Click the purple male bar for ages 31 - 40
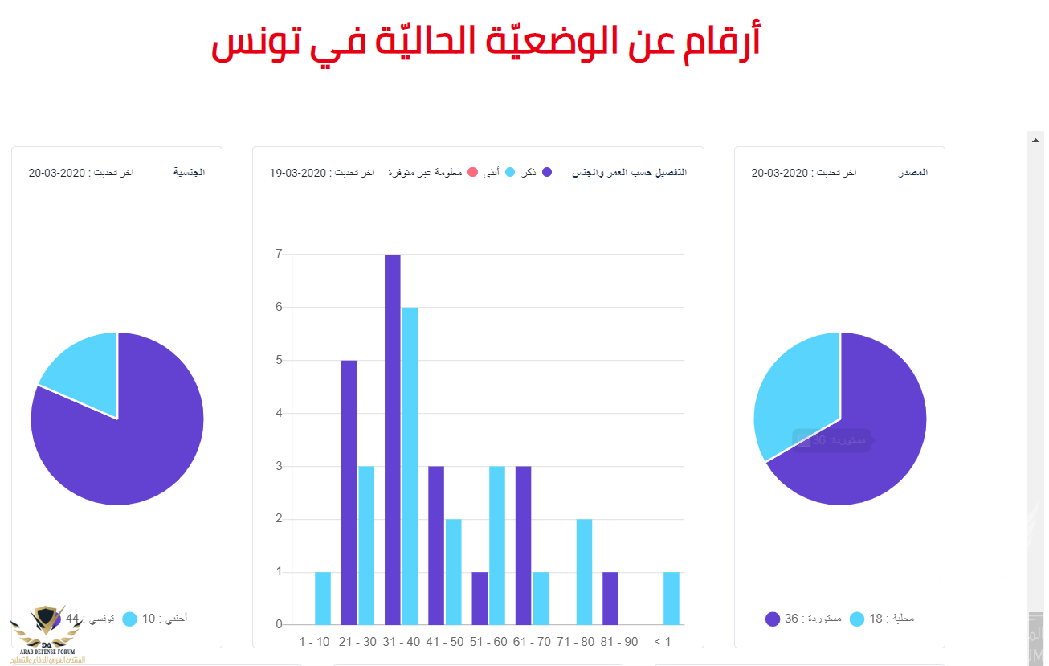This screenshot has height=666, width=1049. click(x=392, y=439)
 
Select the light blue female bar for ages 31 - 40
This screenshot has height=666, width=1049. click(x=410, y=466)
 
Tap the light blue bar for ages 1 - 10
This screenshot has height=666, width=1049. click(x=323, y=599)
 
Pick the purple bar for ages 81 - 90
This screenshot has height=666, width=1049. click(x=610, y=599)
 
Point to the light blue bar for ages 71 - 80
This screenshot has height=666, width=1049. click(x=584, y=572)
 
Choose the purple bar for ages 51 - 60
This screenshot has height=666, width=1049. click(x=480, y=599)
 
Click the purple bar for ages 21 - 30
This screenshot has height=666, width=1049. click(x=349, y=492)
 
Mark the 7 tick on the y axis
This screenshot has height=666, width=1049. click(x=279, y=254)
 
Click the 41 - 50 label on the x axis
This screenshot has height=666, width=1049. click(x=444, y=641)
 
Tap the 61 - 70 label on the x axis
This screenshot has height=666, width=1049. click(x=531, y=641)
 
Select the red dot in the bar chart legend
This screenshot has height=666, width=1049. click(x=473, y=172)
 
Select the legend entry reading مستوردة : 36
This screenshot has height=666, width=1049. click(x=803, y=619)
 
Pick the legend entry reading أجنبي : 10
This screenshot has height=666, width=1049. click(x=161, y=619)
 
